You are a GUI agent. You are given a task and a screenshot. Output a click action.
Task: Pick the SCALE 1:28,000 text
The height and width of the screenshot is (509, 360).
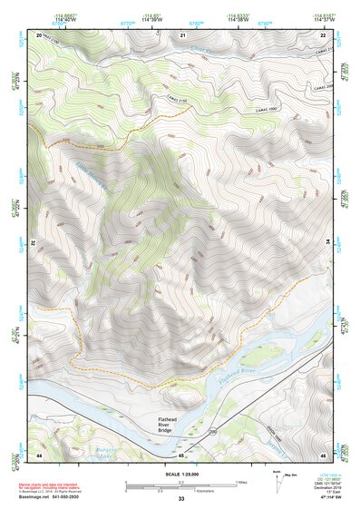pos(180,475)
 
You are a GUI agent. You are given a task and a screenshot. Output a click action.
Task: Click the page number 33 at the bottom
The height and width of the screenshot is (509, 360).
pos(180,499)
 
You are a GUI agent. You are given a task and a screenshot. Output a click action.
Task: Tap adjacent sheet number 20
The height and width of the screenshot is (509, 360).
pos(40,34)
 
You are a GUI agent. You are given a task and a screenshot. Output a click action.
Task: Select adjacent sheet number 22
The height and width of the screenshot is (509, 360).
pos(323,34)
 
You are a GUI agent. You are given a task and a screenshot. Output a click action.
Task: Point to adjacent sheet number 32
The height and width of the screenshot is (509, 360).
pos(32,244)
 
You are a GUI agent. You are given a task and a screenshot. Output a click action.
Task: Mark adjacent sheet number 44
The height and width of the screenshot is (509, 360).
pos(40,455)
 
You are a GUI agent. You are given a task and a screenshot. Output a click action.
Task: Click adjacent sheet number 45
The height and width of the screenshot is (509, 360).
pos(181,455)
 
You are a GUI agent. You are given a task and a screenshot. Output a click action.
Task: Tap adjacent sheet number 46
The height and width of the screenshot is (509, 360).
pos(323,455)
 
